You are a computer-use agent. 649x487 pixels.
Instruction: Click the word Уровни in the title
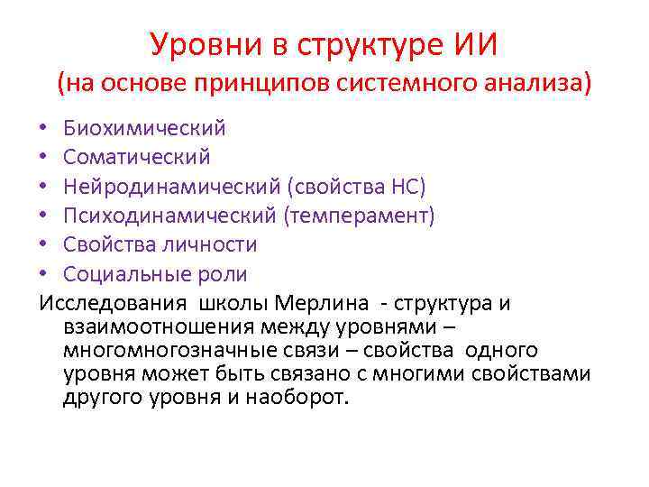click(197, 42)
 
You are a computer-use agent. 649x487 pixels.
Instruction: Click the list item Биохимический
click(144, 129)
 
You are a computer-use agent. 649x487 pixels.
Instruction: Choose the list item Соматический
click(136, 158)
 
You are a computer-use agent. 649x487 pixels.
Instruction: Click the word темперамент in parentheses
click(358, 216)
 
